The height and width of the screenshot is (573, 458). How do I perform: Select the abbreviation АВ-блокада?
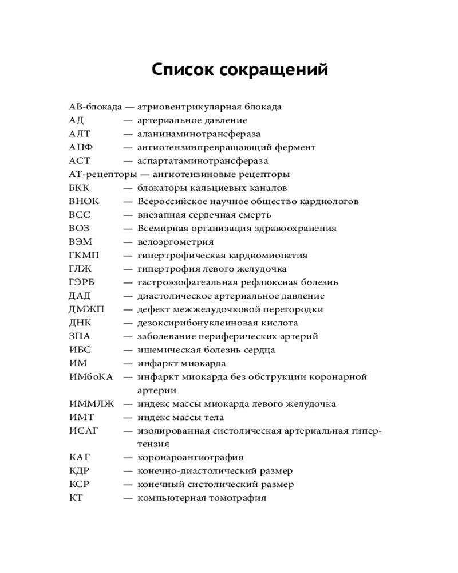(x=95, y=107)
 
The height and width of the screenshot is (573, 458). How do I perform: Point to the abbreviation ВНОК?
(x=84, y=202)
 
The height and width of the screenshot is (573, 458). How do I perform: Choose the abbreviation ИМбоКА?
(x=91, y=377)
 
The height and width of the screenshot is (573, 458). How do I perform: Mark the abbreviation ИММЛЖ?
(x=92, y=404)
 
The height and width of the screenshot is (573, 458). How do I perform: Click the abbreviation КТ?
(x=76, y=498)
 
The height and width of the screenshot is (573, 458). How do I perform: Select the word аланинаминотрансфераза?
(x=199, y=134)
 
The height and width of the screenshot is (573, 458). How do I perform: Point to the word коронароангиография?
(x=190, y=458)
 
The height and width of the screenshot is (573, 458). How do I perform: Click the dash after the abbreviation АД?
(x=128, y=120)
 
